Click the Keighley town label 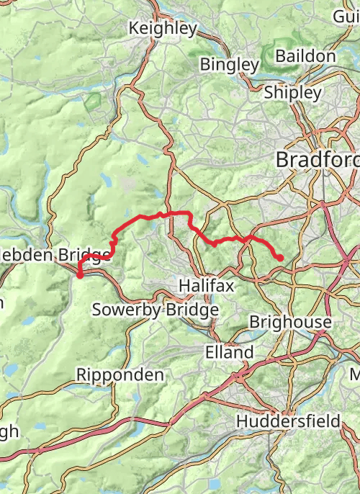point(162,29)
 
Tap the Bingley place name point(229,65)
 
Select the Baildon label point(305,56)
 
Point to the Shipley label point(292,92)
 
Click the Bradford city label point(317,159)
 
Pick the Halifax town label point(207,286)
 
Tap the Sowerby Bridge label point(155,310)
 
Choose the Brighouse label point(290,322)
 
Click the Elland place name point(229,352)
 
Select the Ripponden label point(120,375)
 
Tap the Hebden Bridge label point(55,255)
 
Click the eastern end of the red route point(280,258)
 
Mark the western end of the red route point(79,275)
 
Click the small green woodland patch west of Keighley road point(93,102)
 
